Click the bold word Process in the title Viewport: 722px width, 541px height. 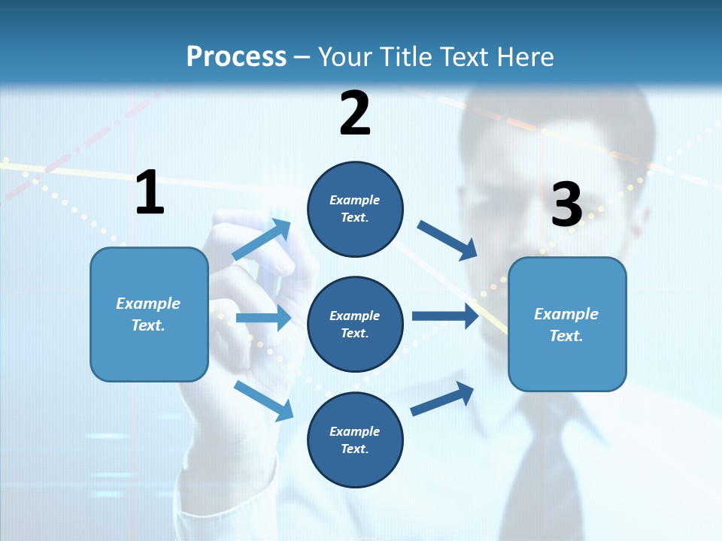[x=236, y=56]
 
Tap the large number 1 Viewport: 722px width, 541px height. [x=150, y=192]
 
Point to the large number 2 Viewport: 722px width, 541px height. [x=355, y=113]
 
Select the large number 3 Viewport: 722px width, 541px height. [x=566, y=204]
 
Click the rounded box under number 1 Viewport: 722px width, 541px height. [x=149, y=314]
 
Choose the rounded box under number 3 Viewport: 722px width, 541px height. [x=567, y=324]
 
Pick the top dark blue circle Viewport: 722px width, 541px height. [x=355, y=209]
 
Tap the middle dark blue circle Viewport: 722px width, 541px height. [x=355, y=324]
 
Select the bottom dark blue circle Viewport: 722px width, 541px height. [x=355, y=440]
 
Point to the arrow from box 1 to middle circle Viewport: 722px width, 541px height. [x=263, y=318]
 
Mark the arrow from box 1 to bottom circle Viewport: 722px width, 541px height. [x=263, y=400]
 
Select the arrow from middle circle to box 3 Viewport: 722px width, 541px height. [x=445, y=316]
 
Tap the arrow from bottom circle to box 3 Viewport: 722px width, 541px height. [x=442, y=398]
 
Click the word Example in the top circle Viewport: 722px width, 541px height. [x=355, y=200]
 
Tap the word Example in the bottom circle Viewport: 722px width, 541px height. [x=355, y=431]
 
